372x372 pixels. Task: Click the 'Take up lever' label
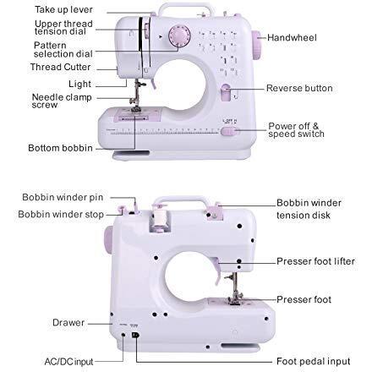coord(63,9)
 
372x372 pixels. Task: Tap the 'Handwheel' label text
coord(292,37)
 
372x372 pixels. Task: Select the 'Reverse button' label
coord(299,88)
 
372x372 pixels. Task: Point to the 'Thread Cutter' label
coord(60,67)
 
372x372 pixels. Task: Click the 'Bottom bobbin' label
coord(60,148)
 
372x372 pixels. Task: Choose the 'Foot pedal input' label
coord(314,361)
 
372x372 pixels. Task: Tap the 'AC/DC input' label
coord(68,362)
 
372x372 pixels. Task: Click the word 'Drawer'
coord(68,322)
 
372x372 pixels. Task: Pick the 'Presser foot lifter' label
coord(315,261)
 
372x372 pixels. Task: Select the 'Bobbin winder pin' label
coord(63,197)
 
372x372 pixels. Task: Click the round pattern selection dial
coord(179,36)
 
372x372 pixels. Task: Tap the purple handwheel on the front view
coord(256,45)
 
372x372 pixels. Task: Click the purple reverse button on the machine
coord(226,92)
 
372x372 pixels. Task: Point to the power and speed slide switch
coord(228,131)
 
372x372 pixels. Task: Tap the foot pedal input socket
coord(135,335)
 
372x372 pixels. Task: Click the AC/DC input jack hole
coord(123,335)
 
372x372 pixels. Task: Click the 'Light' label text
coord(79,84)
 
